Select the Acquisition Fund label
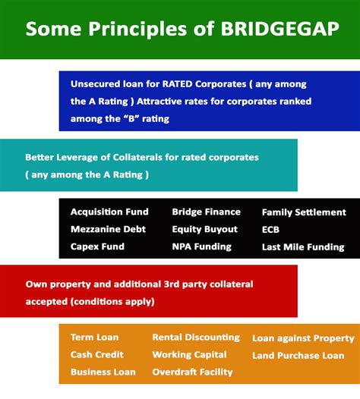tap(109, 212)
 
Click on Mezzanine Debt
tap(108, 229)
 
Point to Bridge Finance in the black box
tap(206, 212)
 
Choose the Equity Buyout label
tap(204, 229)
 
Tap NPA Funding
tap(201, 247)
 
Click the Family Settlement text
tap(304, 212)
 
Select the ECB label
tap(271, 229)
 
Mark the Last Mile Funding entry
tap(302, 247)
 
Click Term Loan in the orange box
tap(95, 337)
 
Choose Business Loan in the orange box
tap(103, 372)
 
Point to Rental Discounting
tap(195, 337)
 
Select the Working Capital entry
tap(189, 354)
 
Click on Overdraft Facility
tap(192, 372)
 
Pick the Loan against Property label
tap(303, 338)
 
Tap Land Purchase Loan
tap(298, 355)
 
